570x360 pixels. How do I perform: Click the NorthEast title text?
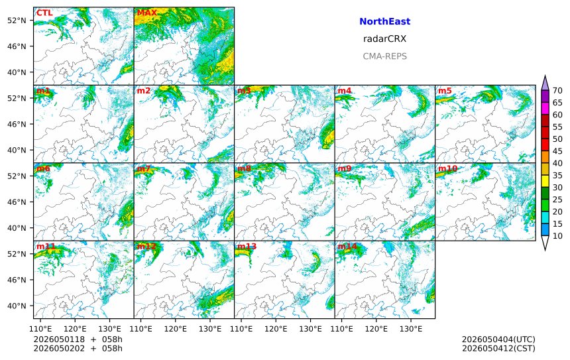tap(384, 21)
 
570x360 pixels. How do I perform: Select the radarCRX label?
tap(384, 38)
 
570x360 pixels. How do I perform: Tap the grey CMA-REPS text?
tap(384, 56)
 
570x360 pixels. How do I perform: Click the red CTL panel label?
tap(44, 13)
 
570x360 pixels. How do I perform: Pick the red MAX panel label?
tap(146, 13)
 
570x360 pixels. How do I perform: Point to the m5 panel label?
tap(445, 91)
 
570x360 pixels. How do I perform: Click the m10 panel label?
tap(447, 168)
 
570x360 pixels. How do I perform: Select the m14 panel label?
tap(347, 246)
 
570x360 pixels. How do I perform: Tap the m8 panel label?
tap(244, 168)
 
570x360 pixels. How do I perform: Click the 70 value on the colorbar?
tap(557, 91)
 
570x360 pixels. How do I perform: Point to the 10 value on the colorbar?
tap(557, 236)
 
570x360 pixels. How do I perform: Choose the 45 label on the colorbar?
tap(557, 151)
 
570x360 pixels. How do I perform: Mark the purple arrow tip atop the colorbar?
tap(545, 76)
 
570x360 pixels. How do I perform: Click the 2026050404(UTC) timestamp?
tap(498, 339)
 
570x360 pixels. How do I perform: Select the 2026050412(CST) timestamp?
tap(498, 348)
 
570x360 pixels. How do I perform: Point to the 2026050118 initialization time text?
tap(60, 339)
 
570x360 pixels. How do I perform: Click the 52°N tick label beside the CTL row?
tap(17, 21)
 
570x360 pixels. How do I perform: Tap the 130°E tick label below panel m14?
tap(411, 329)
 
